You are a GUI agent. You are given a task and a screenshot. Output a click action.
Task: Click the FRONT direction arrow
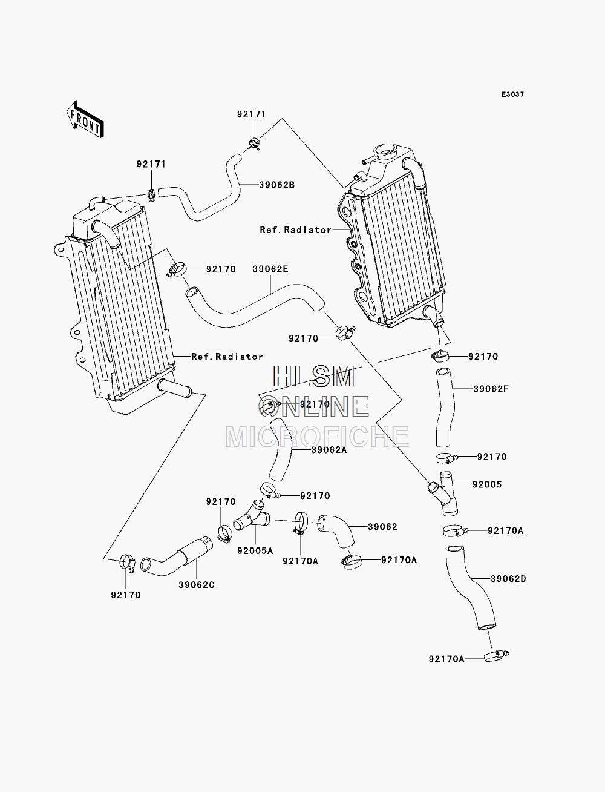[85, 119]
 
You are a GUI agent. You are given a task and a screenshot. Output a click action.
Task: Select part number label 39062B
[277, 185]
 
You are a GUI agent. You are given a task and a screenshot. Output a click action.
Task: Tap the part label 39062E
[270, 269]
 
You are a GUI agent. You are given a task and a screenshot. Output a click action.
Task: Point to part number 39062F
[491, 389]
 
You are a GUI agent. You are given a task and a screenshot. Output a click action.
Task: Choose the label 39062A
[329, 450]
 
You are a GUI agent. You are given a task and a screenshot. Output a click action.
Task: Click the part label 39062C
[197, 585]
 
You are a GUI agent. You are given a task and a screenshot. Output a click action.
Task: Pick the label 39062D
[508, 579]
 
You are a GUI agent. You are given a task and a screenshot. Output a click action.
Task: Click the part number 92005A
[255, 551]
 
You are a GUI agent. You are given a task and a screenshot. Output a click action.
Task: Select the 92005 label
[487, 484]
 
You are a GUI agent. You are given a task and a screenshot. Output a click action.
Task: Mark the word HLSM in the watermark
[313, 377]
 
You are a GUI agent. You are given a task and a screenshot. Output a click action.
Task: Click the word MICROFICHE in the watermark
[317, 437]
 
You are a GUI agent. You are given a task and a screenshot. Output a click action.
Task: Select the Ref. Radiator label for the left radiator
[227, 357]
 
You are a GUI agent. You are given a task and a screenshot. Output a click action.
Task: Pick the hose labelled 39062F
[445, 408]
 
